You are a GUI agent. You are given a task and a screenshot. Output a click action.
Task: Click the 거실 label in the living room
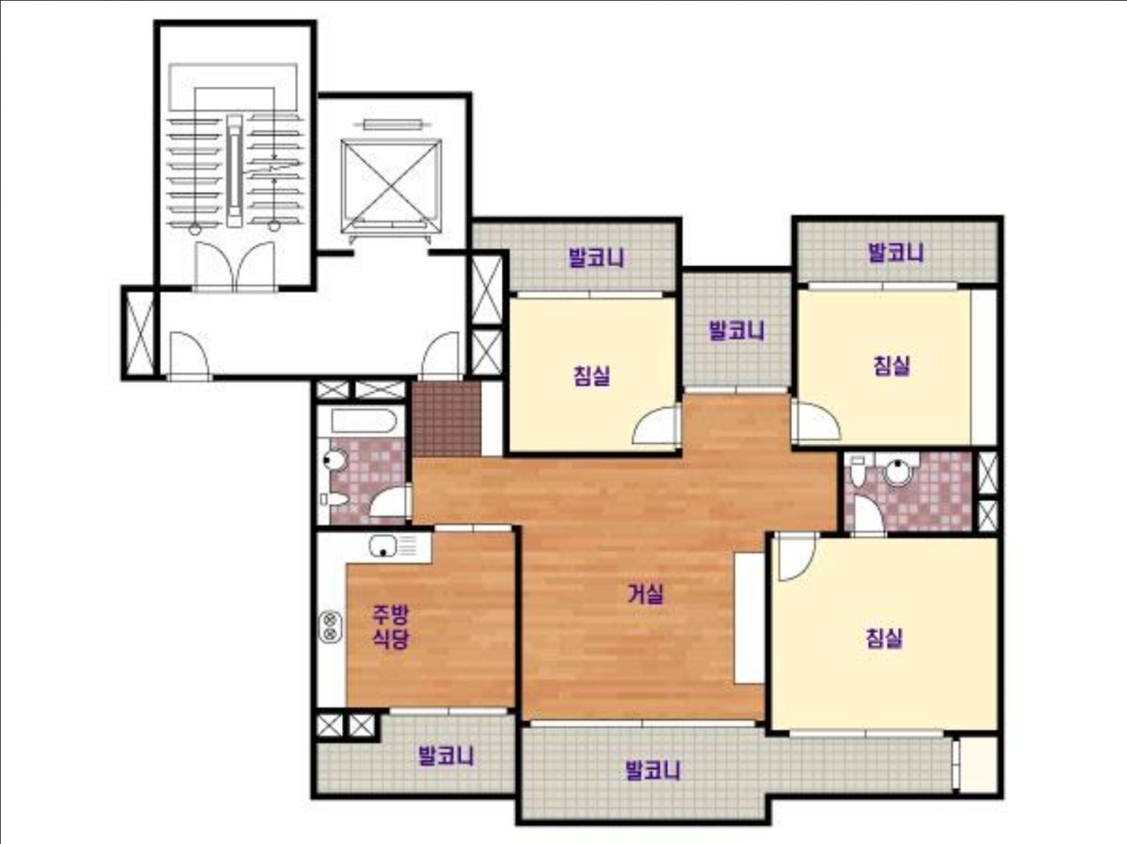pyautogui.click(x=646, y=594)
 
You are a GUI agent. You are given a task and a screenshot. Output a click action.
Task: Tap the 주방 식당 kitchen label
pyautogui.click(x=391, y=626)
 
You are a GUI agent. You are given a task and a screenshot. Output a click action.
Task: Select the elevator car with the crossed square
pyautogui.click(x=391, y=187)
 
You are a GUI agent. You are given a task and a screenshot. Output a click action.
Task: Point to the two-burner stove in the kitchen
pyautogui.click(x=330, y=626)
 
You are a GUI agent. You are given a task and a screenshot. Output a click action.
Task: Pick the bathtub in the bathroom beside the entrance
pyautogui.click(x=364, y=421)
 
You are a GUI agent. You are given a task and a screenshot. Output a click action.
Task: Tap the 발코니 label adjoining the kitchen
pyautogui.click(x=445, y=756)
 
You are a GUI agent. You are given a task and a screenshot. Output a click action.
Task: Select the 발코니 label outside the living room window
pyautogui.click(x=653, y=770)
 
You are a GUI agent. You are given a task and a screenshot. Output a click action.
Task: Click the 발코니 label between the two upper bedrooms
pyautogui.click(x=736, y=330)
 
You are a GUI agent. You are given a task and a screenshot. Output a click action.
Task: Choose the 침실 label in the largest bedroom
pyautogui.click(x=884, y=638)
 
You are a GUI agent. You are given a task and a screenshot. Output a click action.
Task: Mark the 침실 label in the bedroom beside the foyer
pyautogui.click(x=592, y=376)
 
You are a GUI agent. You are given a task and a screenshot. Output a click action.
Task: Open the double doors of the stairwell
pyautogui.click(x=235, y=266)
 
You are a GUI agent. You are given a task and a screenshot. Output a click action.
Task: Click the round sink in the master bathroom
pyautogui.click(x=898, y=471)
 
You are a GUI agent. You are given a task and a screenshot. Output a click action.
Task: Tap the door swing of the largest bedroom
pyautogui.click(x=796, y=557)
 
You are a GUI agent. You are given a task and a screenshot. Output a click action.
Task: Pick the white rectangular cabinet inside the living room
pyautogui.click(x=750, y=618)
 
